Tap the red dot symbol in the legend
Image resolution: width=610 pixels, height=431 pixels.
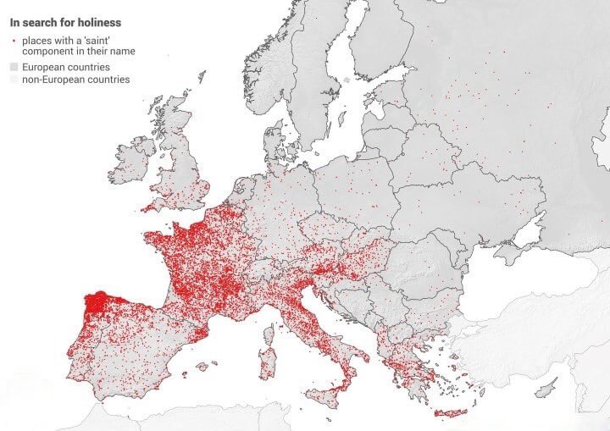click(14, 41)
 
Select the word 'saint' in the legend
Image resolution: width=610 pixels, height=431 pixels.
click(91, 41)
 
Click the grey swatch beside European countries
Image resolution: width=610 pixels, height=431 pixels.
click(14, 67)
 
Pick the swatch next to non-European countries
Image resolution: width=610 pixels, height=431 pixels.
click(14, 80)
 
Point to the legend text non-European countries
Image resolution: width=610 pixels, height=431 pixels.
click(76, 80)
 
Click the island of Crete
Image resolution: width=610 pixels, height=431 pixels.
click(451, 413)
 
